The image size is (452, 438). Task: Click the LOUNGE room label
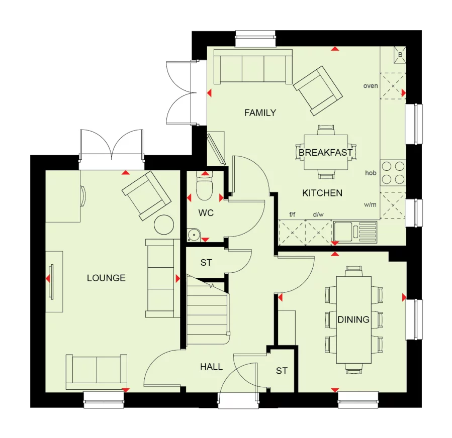106,278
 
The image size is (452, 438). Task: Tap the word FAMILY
260,113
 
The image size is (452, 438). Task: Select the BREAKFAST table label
325,152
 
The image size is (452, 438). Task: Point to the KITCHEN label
322,193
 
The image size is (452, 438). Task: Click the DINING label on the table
353,319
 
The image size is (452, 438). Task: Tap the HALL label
211,367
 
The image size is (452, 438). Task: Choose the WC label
206,213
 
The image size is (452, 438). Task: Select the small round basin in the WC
193,234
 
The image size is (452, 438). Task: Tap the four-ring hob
393,172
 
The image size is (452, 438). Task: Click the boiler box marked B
400,55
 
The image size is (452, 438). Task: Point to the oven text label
370,86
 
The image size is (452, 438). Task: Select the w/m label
371,205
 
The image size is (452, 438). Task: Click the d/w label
318,214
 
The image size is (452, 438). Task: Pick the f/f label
292,214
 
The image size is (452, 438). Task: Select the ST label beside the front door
282,371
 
